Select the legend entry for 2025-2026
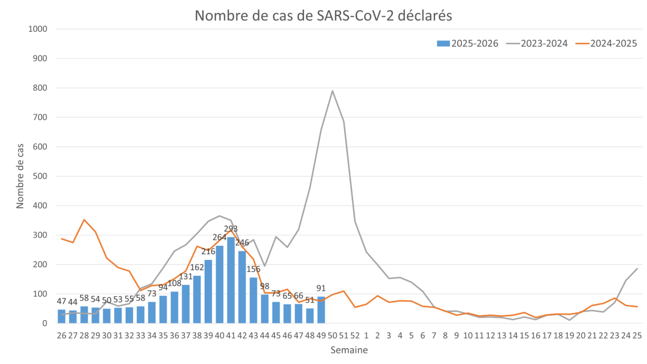pyautogui.click(x=468, y=43)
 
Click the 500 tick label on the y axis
pyautogui.click(x=42, y=176)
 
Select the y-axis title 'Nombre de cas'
pyautogui.click(x=20, y=176)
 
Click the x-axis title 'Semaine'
pyautogui.click(x=349, y=350)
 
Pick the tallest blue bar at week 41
pyautogui.click(x=231, y=280)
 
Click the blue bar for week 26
pyautogui.click(x=62, y=316)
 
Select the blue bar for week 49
pyautogui.click(x=321, y=310)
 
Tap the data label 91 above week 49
pyautogui.click(x=321, y=288)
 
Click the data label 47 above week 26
pyautogui.click(x=62, y=301)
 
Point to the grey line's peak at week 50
pyautogui.click(x=332, y=91)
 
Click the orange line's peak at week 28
pyautogui.click(x=84, y=219)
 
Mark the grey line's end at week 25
pyautogui.click(x=637, y=268)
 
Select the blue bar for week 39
pyautogui.click(x=208, y=291)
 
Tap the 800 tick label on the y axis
pyautogui.click(x=42, y=88)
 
